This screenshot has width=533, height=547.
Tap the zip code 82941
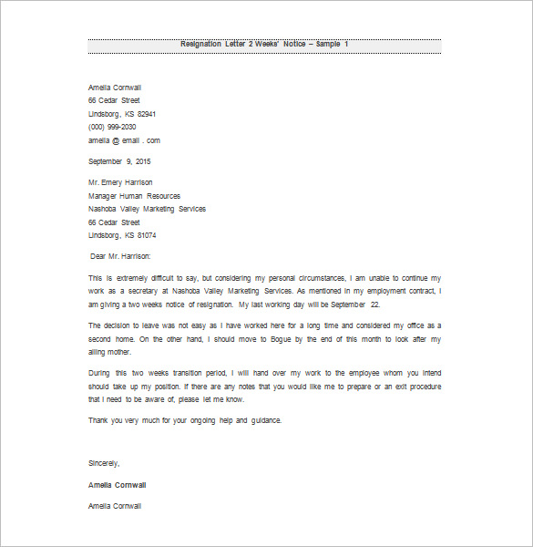point(147,114)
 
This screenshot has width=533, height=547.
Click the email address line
point(124,140)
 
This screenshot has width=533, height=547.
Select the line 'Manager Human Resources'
point(134,196)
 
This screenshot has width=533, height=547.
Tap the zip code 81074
point(147,235)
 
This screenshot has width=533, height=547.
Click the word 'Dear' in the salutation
point(100,257)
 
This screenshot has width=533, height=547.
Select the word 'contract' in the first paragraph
point(420,291)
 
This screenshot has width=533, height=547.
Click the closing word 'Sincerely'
point(104,464)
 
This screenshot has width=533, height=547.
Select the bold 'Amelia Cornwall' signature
point(118,484)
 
